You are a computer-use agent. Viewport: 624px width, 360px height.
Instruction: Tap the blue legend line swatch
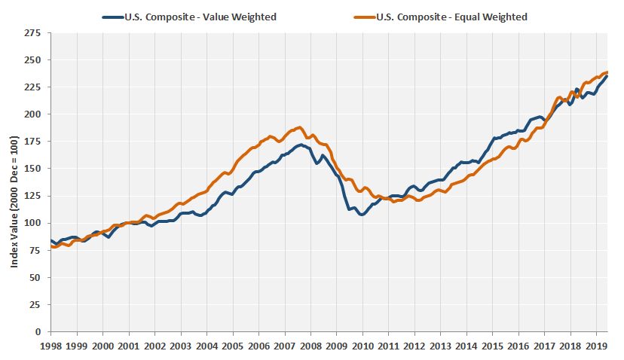[x=112, y=17]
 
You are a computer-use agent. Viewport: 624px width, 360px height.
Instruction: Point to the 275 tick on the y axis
[x=33, y=33]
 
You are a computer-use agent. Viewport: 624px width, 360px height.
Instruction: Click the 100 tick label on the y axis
[x=33, y=223]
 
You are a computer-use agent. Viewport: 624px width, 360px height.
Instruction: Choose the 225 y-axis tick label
[x=33, y=87]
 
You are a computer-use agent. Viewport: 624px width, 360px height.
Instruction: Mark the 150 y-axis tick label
[x=33, y=169]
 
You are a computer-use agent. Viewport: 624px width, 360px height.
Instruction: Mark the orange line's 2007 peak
[x=299, y=127]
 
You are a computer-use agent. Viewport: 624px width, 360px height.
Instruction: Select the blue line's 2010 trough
[x=362, y=215]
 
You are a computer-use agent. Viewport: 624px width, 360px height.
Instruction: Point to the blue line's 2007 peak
[x=301, y=145]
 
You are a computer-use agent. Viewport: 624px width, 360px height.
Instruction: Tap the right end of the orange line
[x=607, y=72]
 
